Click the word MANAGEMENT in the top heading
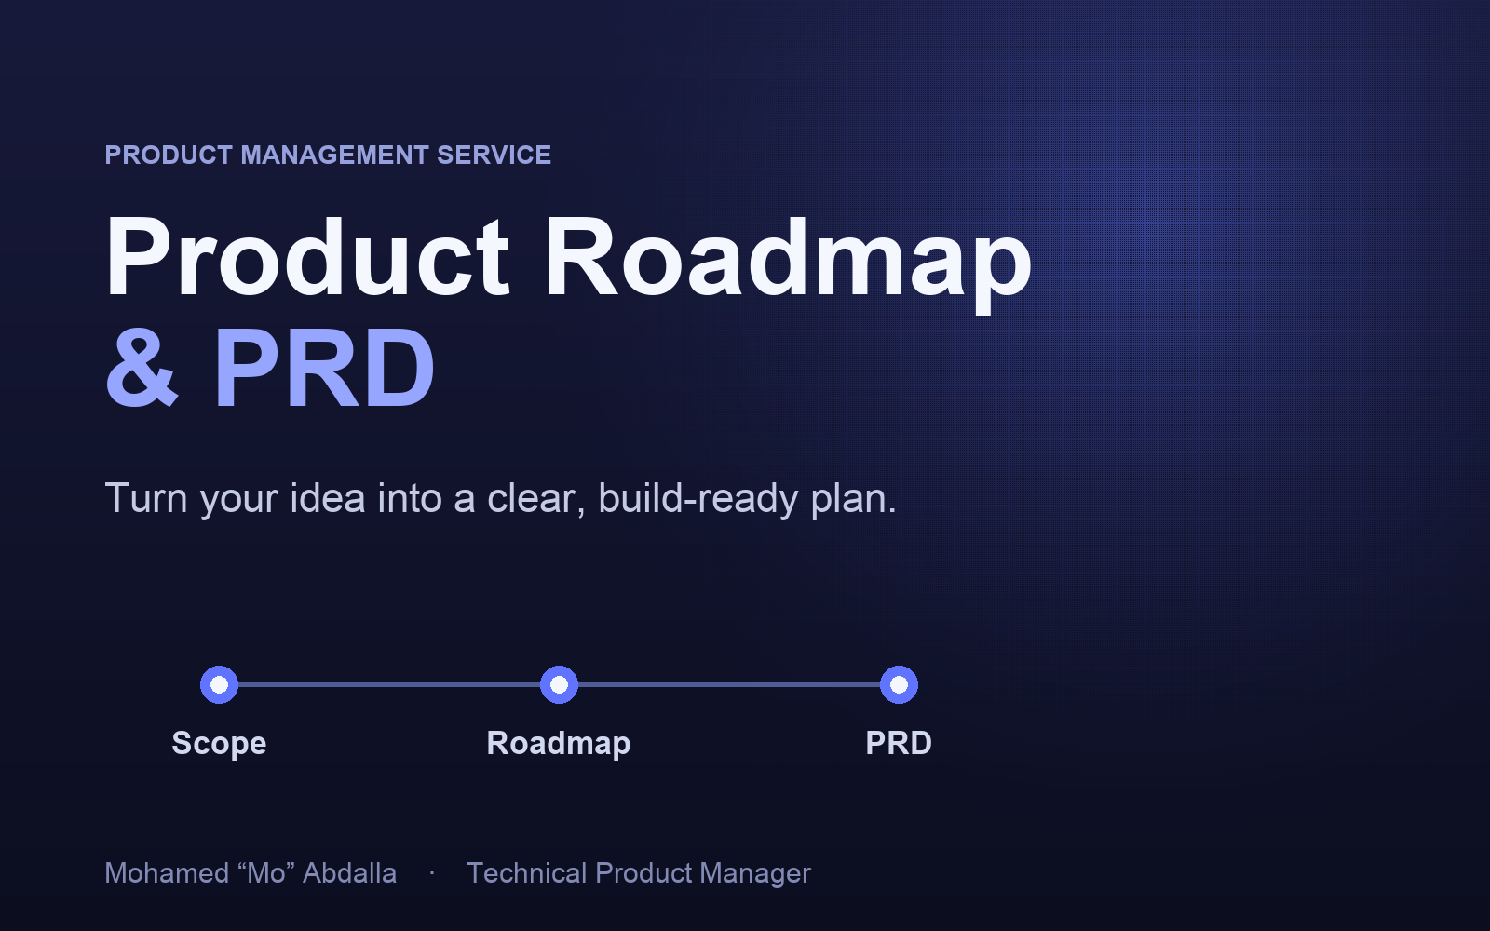(334, 155)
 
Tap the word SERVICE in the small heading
(494, 155)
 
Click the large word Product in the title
(307, 256)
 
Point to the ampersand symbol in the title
(142, 367)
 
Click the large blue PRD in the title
(324, 367)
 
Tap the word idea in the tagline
(327, 498)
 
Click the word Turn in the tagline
(146, 498)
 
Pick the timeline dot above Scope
(219, 684)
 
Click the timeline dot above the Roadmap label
(559, 684)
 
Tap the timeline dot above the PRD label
(899, 684)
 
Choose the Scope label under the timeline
(219, 744)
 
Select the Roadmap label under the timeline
(558, 744)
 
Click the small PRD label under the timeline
(899, 743)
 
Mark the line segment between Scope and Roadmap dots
(389, 684)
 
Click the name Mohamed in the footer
(167, 873)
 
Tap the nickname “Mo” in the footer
(266, 873)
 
